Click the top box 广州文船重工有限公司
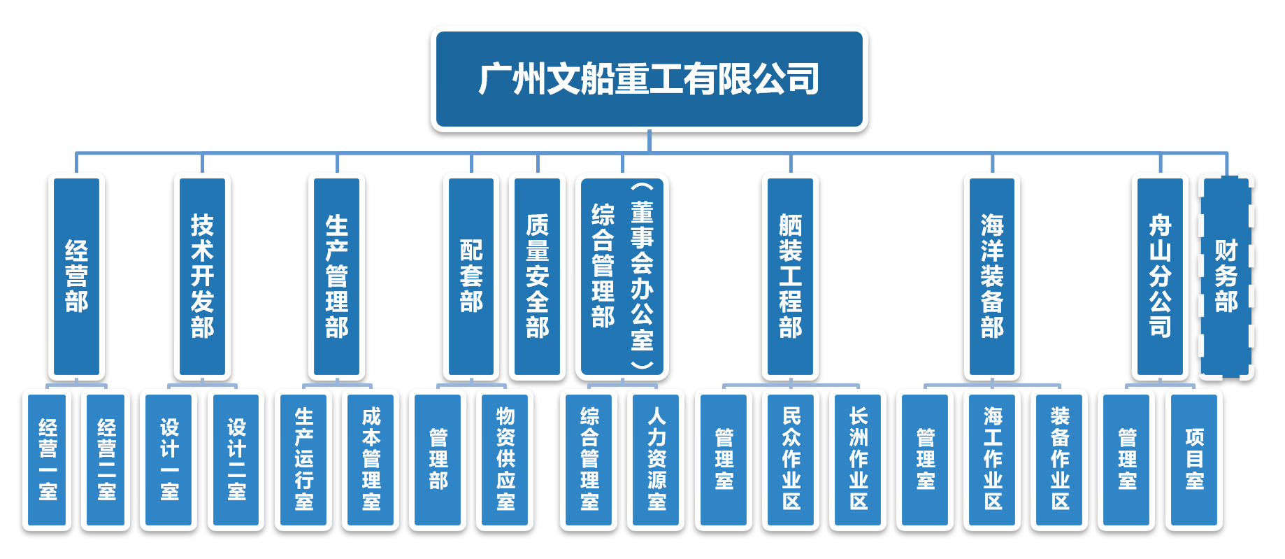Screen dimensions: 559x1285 [x=649, y=79]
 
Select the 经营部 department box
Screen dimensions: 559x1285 [x=76, y=276]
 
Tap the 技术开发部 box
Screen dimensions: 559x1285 [x=202, y=276]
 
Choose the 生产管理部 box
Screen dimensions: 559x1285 [x=336, y=276]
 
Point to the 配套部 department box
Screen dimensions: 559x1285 [x=471, y=276]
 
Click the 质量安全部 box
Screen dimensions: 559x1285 [x=537, y=276]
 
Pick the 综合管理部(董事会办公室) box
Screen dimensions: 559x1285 [x=622, y=276]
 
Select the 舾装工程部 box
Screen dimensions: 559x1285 [x=790, y=276]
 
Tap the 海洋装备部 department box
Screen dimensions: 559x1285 [x=991, y=276]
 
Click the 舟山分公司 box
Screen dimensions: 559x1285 [x=1160, y=276]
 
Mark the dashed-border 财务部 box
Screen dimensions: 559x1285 [x=1226, y=276]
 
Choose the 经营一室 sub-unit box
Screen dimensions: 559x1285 [x=48, y=460]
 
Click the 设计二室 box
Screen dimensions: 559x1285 [x=236, y=460]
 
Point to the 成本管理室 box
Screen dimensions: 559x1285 [x=371, y=460]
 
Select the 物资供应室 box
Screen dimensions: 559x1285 [x=505, y=460]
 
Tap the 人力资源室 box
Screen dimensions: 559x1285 [x=656, y=460]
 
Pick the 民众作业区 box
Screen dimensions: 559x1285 [x=791, y=460]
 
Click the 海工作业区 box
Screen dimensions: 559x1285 [x=993, y=460]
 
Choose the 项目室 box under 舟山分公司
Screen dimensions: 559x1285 [x=1194, y=460]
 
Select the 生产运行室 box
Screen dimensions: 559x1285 [x=303, y=460]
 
